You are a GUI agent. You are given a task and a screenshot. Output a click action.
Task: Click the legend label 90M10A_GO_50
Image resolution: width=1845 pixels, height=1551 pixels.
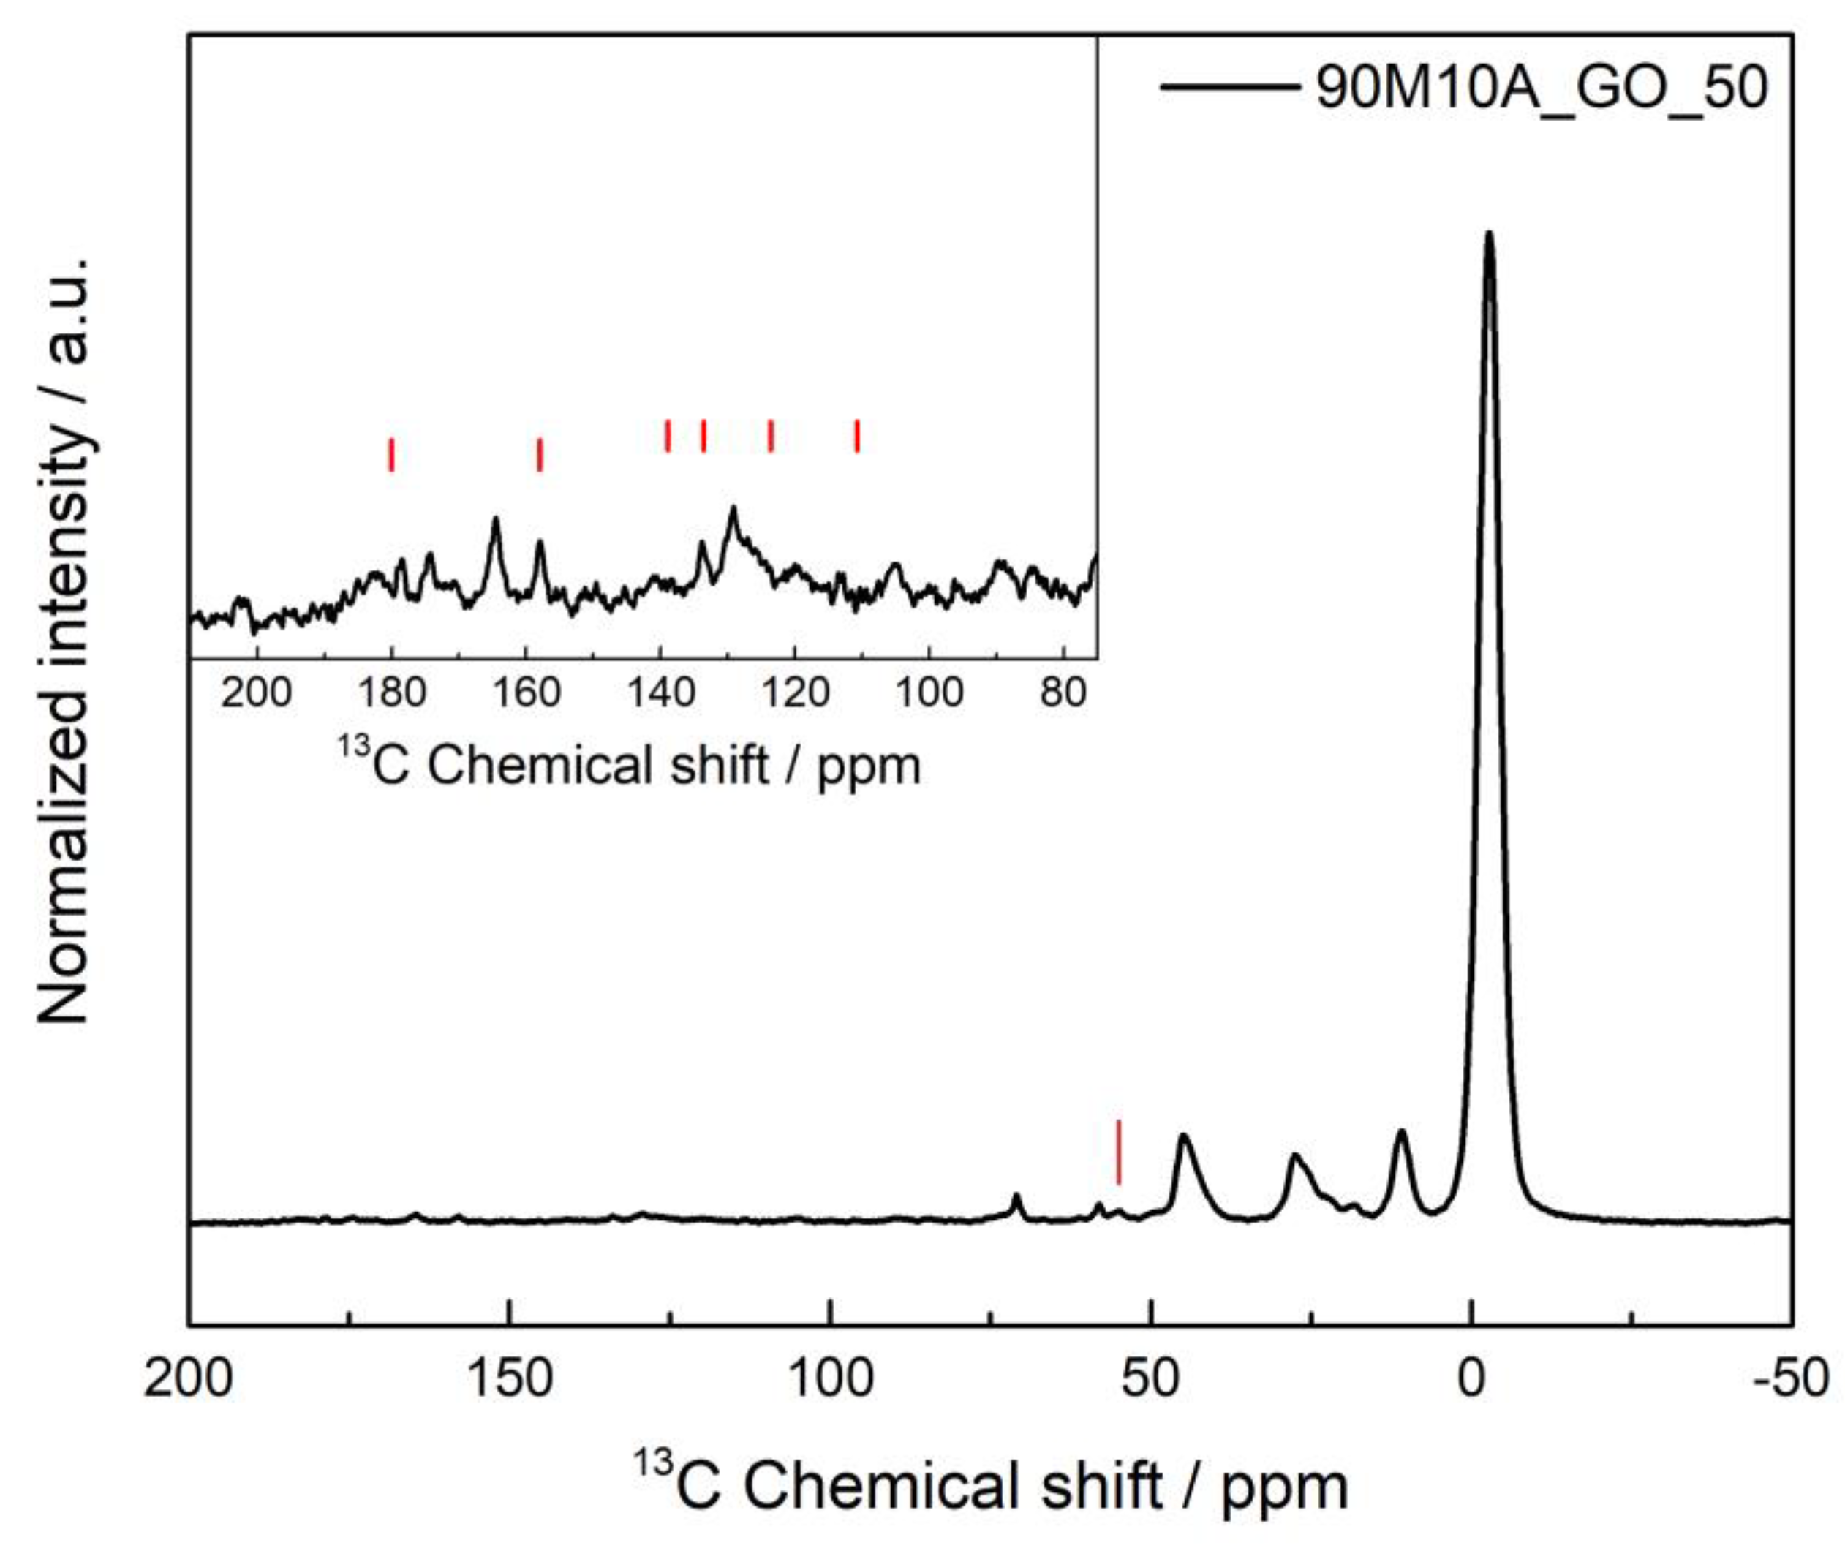[1541, 88]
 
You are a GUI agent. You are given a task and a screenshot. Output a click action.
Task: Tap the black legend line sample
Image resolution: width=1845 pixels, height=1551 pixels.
[1229, 86]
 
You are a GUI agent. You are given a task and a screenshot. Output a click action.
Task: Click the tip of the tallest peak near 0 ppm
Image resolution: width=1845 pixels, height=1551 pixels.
[1489, 235]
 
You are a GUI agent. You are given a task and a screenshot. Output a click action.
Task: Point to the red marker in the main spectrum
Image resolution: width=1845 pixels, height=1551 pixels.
[1119, 1152]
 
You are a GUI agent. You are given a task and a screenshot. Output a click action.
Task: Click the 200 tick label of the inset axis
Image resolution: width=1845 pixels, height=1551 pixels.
[256, 694]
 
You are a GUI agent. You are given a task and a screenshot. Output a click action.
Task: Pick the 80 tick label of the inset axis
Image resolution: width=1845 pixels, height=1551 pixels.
[1063, 694]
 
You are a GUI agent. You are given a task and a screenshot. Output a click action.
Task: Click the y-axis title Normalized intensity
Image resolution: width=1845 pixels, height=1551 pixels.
[64, 642]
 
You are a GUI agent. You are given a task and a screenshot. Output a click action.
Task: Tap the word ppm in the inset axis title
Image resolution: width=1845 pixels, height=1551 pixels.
[869, 766]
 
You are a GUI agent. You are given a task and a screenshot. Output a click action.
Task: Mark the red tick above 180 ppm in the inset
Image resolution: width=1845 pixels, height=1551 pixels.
[391, 455]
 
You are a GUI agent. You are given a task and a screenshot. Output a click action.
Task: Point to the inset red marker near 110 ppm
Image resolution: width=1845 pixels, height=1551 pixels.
[856, 436]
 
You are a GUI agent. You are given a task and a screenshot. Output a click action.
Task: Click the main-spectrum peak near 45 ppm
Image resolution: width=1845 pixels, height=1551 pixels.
[1184, 1138]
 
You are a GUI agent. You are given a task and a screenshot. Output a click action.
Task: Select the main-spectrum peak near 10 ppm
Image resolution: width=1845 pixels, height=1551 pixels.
[1402, 1133]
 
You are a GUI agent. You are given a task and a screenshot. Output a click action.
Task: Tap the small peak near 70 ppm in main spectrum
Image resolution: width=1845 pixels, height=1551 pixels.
[1016, 1196]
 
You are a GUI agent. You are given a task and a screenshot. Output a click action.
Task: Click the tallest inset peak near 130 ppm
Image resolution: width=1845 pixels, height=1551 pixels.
[733, 509]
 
